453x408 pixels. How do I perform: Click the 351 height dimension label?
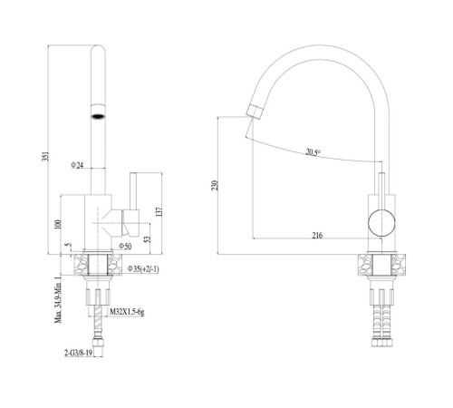click(x=45, y=156)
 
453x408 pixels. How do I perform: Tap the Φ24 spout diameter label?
click(x=77, y=165)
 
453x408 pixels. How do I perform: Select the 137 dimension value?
click(x=160, y=211)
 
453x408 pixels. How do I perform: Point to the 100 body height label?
click(x=58, y=224)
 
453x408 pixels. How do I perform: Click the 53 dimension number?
click(x=147, y=239)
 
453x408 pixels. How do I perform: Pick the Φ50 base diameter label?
click(x=125, y=247)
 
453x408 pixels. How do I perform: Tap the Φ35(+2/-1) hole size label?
click(x=143, y=268)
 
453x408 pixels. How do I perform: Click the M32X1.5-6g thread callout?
click(x=127, y=312)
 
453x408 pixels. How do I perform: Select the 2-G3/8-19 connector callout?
click(x=78, y=353)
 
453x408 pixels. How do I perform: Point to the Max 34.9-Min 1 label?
click(x=58, y=299)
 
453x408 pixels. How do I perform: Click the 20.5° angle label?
click(x=313, y=151)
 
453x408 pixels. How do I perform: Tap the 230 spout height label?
click(x=215, y=185)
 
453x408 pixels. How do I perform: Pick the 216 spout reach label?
click(x=317, y=235)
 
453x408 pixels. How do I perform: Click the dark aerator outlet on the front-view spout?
click(x=98, y=116)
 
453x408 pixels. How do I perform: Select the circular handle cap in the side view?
click(x=381, y=222)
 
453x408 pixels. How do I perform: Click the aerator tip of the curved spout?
click(x=254, y=112)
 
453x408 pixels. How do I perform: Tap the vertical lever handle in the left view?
click(x=133, y=191)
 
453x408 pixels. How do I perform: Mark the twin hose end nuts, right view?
click(x=381, y=342)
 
